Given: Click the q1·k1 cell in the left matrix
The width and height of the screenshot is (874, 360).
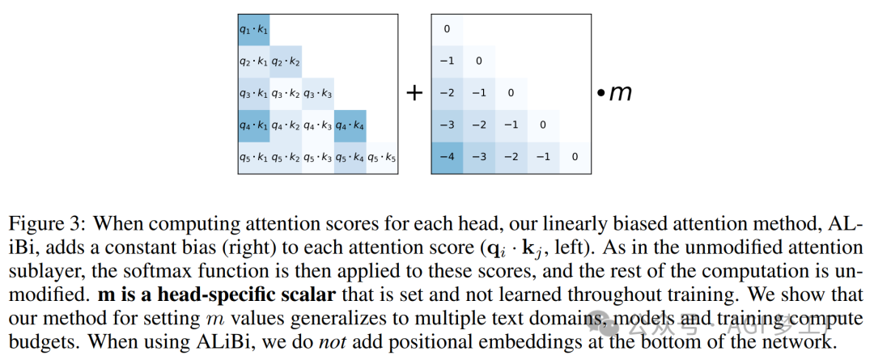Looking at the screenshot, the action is (253, 29).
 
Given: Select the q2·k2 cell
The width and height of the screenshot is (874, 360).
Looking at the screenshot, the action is (286, 61).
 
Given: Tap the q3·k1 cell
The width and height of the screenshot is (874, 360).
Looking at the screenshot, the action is (253, 92).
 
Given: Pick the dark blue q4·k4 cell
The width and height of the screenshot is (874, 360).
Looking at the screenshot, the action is (350, 125).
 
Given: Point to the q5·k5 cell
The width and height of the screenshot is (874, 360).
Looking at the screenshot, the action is (382, 156).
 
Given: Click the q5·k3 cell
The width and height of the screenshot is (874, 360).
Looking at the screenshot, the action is (318, 156).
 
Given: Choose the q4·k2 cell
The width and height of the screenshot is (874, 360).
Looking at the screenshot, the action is (286, 125).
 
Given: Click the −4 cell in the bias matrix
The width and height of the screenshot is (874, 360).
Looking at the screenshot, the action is (447, 156).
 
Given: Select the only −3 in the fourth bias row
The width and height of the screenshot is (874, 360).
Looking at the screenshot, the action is (447, 125).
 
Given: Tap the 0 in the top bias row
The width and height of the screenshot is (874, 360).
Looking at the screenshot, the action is (447, 29).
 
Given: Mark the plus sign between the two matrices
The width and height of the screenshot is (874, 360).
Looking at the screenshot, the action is (414, 93).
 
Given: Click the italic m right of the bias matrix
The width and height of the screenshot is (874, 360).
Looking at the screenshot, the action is (620, 92).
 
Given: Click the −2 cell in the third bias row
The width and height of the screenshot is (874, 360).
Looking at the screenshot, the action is (447, 92).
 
